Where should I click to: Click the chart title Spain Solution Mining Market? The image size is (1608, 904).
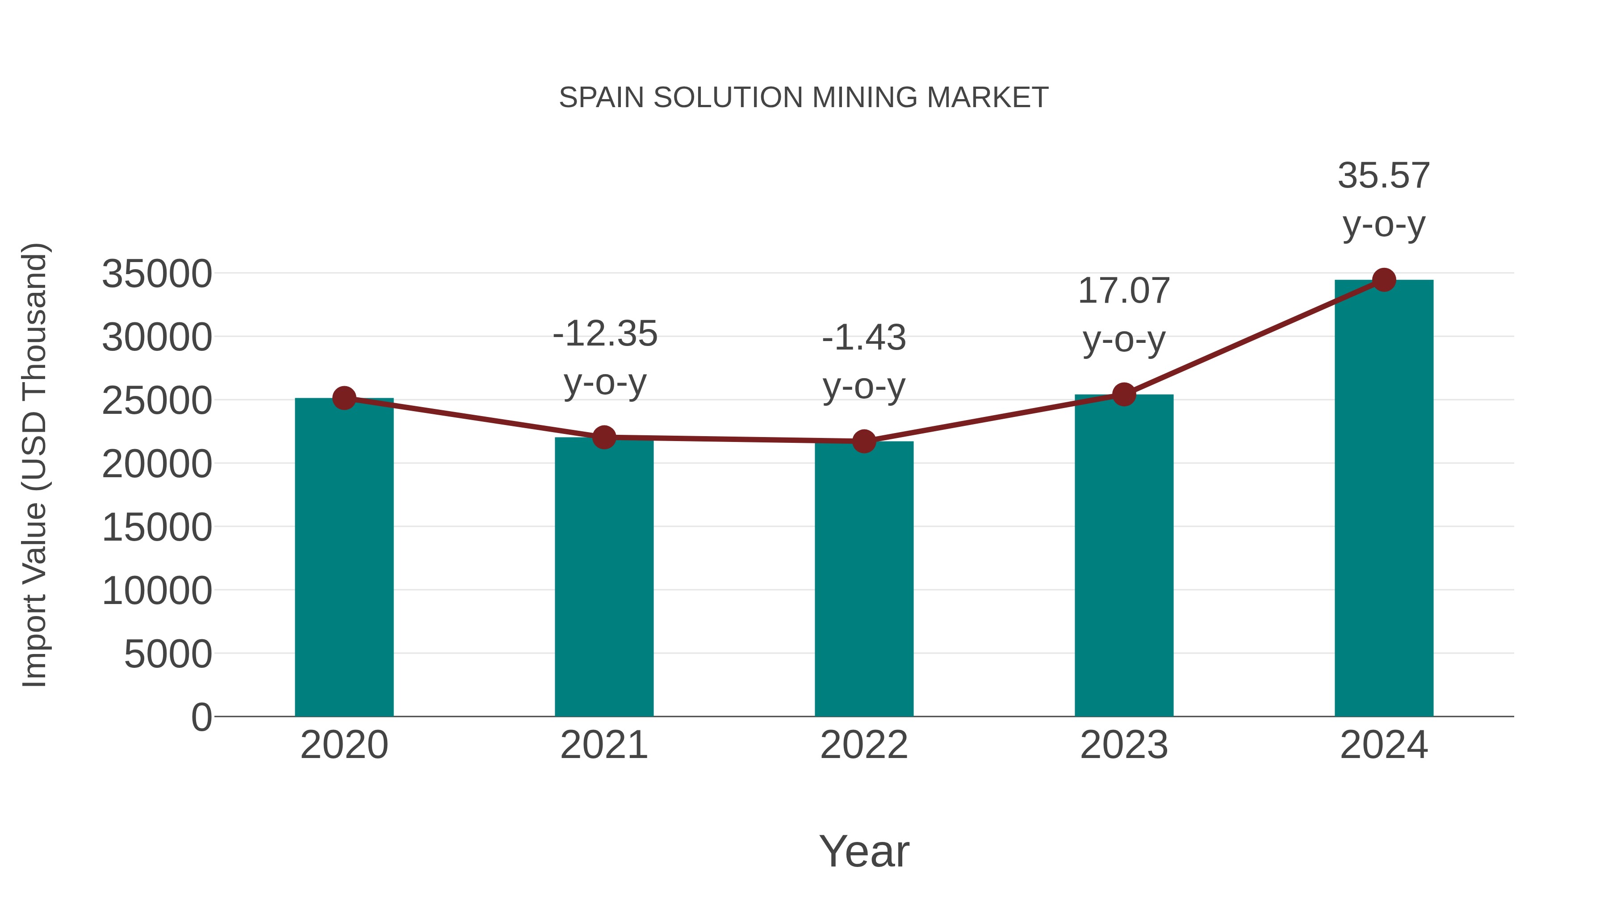(x=804, y=98)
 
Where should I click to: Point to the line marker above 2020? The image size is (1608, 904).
(x=344, y=398)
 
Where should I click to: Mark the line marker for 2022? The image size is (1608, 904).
(x=864, y=442)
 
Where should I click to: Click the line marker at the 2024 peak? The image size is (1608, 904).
(x=1384, y=280)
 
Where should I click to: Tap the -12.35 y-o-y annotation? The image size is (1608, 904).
(x=605, y=358)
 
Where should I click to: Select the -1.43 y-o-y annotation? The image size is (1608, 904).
(x=864, y=362)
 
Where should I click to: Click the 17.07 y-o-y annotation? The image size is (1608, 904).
(x=1124, y=315)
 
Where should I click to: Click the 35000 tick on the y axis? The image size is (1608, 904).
(x=157, y=274)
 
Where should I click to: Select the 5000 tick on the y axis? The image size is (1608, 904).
(x=168, y=654)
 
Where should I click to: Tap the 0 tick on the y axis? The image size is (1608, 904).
(x=201, y=717)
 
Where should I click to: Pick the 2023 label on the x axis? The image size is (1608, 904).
(x=1124, y=745)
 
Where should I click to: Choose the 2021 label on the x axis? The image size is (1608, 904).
(x=603, y=745)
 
